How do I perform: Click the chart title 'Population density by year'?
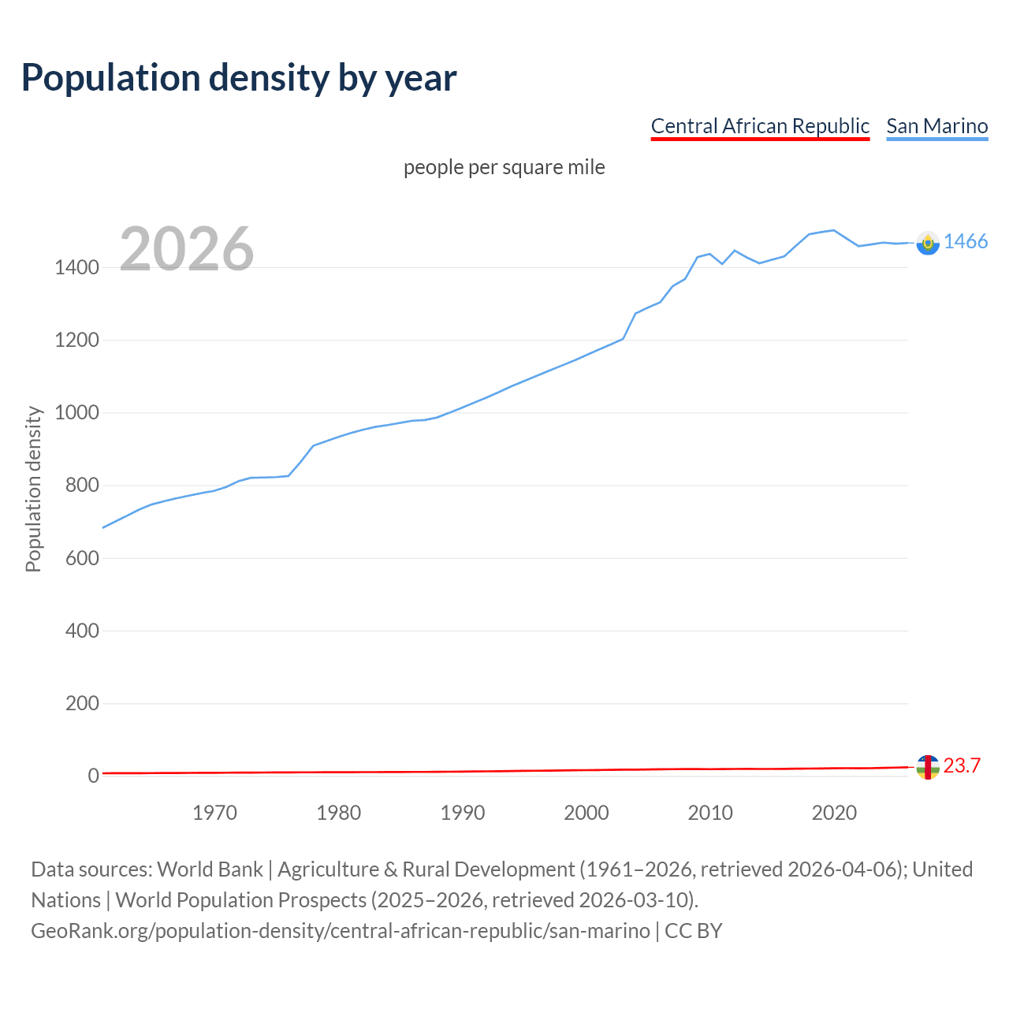pos(239,78)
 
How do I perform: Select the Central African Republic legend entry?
pos(759,126)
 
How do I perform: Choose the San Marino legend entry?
pos(936,126)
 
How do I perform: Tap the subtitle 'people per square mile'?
pos(504,167)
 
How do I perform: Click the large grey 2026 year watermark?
pos(187,249)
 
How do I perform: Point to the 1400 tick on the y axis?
pos(76,268)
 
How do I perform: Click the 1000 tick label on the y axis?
pos(76,413)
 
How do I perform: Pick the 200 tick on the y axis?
pos(82,703)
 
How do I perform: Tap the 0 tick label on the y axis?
pos(93,776)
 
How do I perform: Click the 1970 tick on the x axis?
pos(214,813)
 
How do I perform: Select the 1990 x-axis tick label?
pos(463,813)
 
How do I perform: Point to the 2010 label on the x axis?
pos(710,813)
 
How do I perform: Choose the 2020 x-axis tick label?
pos(834,813)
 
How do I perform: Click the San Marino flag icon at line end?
pos(928,243)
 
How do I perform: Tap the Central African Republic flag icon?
pos(928,767)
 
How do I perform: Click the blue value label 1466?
pos(966,242)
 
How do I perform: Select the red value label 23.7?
pos(962,765)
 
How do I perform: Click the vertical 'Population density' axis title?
pos(33,489)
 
